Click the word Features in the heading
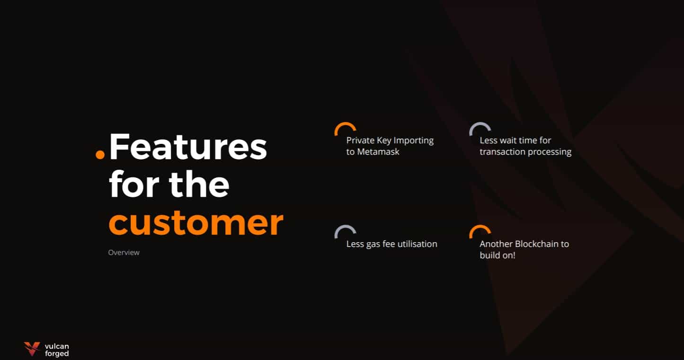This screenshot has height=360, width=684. [188, 147]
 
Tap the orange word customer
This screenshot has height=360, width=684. [196, 223]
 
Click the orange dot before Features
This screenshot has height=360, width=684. [100, 154]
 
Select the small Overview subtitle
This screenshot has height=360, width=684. [124, 253]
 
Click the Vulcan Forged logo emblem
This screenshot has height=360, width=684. [32, 349]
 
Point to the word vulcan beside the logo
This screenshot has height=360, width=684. [57, 346]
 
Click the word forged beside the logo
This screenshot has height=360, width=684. [57, 353]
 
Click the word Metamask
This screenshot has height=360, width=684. [378, 152]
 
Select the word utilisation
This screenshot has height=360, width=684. [418, 244]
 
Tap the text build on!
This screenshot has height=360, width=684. [497, 255]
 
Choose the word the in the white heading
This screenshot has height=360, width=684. [199, 184]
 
